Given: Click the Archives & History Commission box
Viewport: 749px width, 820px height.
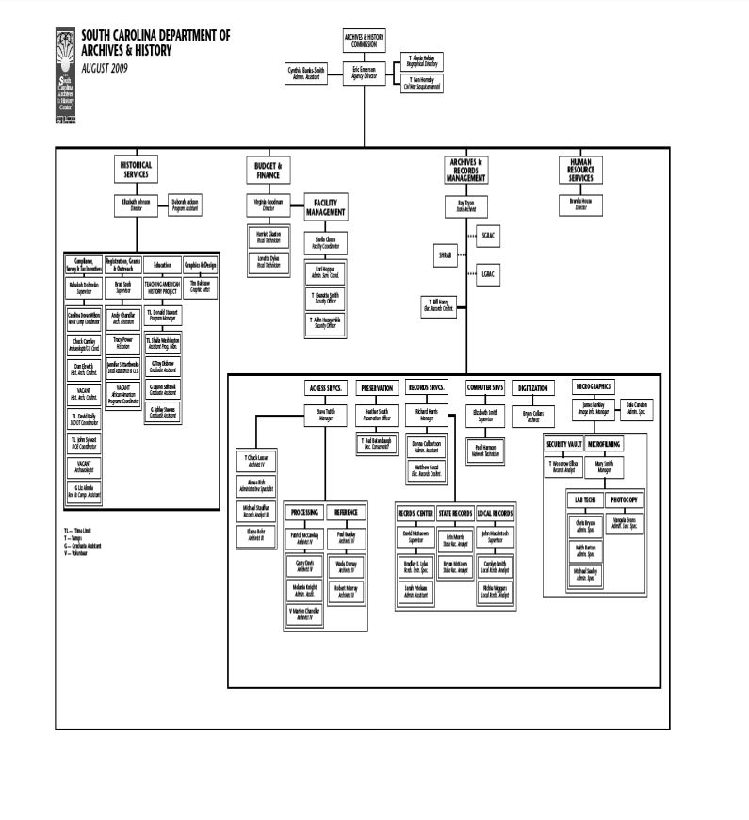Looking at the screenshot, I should tap(364, 41).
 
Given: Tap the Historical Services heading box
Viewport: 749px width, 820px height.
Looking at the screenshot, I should tap(136, 170).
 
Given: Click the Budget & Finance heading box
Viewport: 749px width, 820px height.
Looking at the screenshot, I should tap(268, 170).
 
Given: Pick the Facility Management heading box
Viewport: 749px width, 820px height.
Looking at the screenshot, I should tap(325, 207).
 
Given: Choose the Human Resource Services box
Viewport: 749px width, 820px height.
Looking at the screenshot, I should tap(580, 170).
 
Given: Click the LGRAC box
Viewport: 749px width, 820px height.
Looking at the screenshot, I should tap(489, 274).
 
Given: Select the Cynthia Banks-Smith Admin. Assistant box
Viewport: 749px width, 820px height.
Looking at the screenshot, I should tap(307, 73).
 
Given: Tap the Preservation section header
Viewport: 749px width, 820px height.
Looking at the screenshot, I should tap(377, 388).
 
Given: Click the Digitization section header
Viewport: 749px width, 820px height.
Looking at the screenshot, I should tap(532, 388).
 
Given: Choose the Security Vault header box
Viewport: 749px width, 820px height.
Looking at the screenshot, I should tap(563, 443).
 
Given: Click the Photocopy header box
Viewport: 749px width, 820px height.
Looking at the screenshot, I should tap(625, 500).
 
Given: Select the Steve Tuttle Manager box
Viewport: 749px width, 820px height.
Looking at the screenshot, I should tap(326, 416).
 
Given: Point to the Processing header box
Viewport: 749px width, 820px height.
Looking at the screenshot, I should tap(304, 512).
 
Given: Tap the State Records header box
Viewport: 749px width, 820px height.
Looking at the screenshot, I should tap(456, 512).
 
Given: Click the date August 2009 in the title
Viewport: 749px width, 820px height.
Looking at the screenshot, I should tap(105, 69).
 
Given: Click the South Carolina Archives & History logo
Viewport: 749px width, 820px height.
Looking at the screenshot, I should tap(65, 75).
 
